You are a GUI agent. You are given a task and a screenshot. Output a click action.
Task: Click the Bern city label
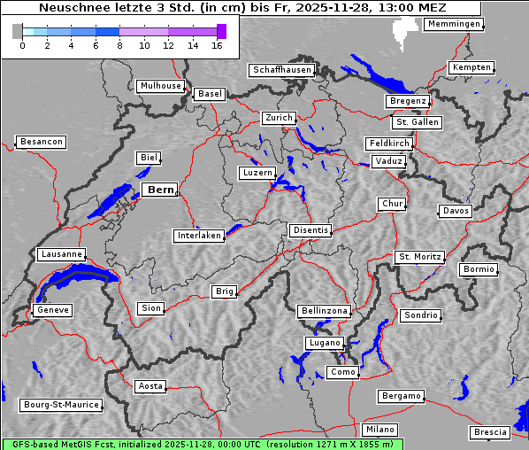point(160,190)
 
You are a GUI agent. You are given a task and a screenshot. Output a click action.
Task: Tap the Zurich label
point(278,118)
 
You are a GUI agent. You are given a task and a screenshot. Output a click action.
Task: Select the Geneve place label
point(52,310)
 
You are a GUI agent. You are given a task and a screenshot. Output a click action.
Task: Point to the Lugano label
point(324,343)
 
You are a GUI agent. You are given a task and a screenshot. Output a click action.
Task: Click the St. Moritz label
point(419,257)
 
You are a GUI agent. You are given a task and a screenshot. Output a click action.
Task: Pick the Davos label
point(456,211)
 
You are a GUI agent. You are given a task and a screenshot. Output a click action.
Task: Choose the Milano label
point(380,429)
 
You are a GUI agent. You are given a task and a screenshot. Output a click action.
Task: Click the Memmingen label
point(454,24)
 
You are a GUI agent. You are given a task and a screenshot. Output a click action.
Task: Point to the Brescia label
point(490,432)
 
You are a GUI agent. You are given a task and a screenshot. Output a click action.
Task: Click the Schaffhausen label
point(281,69)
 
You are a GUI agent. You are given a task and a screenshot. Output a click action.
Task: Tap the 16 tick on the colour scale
point(217,45)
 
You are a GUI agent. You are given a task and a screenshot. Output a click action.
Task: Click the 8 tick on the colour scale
point(119,45)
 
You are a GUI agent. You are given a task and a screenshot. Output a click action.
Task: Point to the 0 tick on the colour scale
point(22,45)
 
